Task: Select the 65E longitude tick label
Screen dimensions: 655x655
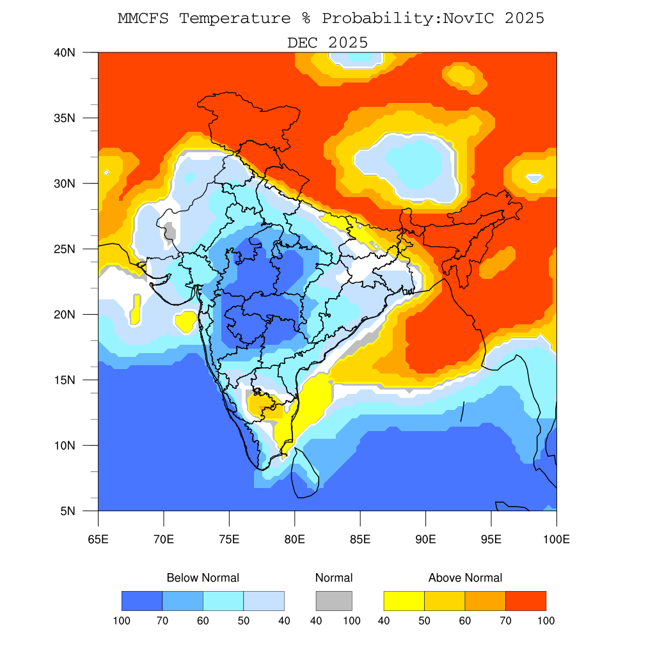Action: point(98,539)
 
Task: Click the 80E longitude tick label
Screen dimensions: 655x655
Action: point(294,539)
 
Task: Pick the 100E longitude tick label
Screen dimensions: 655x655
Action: point(556,539)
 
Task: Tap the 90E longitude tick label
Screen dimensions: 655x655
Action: point(425,539)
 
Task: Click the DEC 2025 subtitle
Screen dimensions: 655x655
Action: point(327,43)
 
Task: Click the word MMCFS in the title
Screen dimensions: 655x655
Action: point(143,19)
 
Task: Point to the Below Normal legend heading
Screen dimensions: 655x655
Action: point(203,578)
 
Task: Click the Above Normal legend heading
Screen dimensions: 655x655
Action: point(465,578)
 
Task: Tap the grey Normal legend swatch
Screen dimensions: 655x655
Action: point(334,601)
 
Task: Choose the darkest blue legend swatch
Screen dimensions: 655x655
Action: point(142,601)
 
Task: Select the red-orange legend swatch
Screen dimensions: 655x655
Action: point(526,601)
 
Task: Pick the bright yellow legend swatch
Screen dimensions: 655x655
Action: point(404,601)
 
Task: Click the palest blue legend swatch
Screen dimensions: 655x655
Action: point(264,601)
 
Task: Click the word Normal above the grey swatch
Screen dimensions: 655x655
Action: point(334,578)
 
